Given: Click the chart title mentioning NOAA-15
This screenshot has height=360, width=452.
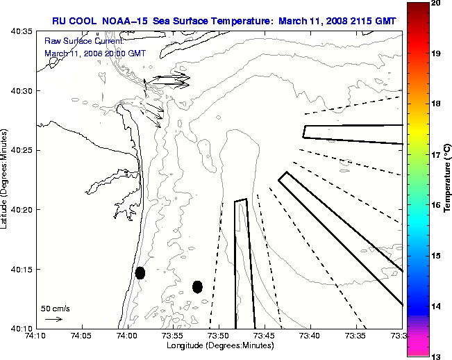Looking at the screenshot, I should pos(224,21).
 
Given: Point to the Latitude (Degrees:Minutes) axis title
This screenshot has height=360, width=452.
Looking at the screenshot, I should pos(6,180).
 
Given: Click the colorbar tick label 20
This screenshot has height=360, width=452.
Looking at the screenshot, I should pos(436,3).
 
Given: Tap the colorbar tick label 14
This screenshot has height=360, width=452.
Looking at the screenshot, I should pos(436,306).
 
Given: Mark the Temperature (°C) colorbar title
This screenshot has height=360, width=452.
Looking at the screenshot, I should pos(448,179).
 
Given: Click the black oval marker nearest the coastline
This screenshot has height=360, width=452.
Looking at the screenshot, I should pos(140,272).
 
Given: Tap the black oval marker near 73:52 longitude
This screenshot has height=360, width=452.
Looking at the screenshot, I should pos(197,286).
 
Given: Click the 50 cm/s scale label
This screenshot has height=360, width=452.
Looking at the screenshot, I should pos(56,308).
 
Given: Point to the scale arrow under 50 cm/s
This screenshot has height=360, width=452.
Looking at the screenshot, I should pos(53,319).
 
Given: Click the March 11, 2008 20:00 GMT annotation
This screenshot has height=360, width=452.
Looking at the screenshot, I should pos(95,53).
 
